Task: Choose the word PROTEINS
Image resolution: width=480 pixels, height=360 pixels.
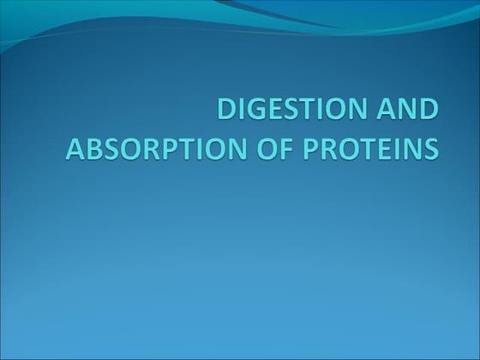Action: tap(369, 147)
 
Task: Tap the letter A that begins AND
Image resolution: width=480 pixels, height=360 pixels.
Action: tap(387, 112)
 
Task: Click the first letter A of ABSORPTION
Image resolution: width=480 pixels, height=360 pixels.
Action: tap(75, 147)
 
